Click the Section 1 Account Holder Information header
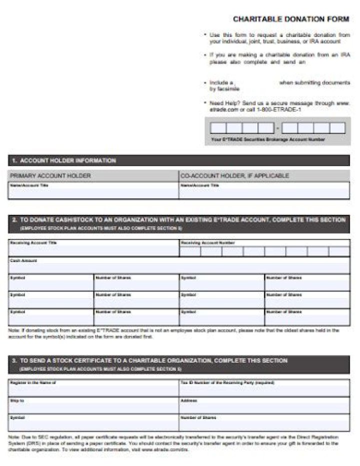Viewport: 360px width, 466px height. pos(63,160)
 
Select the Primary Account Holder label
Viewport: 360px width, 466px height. pos(50,176)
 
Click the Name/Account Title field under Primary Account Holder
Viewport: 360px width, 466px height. pos(93,191)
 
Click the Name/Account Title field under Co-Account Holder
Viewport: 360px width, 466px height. pos(264,191)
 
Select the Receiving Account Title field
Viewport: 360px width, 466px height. pos(93,249)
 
